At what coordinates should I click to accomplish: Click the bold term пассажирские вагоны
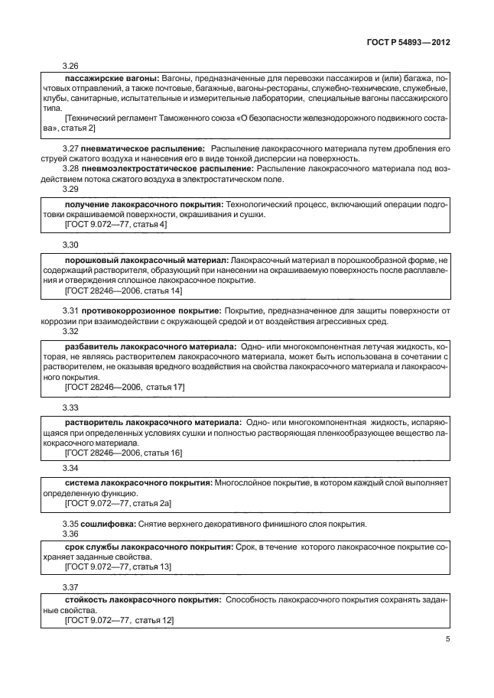(111, 79)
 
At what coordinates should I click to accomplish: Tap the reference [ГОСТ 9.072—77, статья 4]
(116, 225)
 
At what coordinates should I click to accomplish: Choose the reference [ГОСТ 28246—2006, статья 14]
(124, 291)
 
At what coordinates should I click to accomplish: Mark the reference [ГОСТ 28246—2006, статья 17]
(125, 388)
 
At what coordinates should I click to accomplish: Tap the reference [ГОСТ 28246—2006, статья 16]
(124, 454)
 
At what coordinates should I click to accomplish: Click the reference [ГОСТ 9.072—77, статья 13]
(119, 567)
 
